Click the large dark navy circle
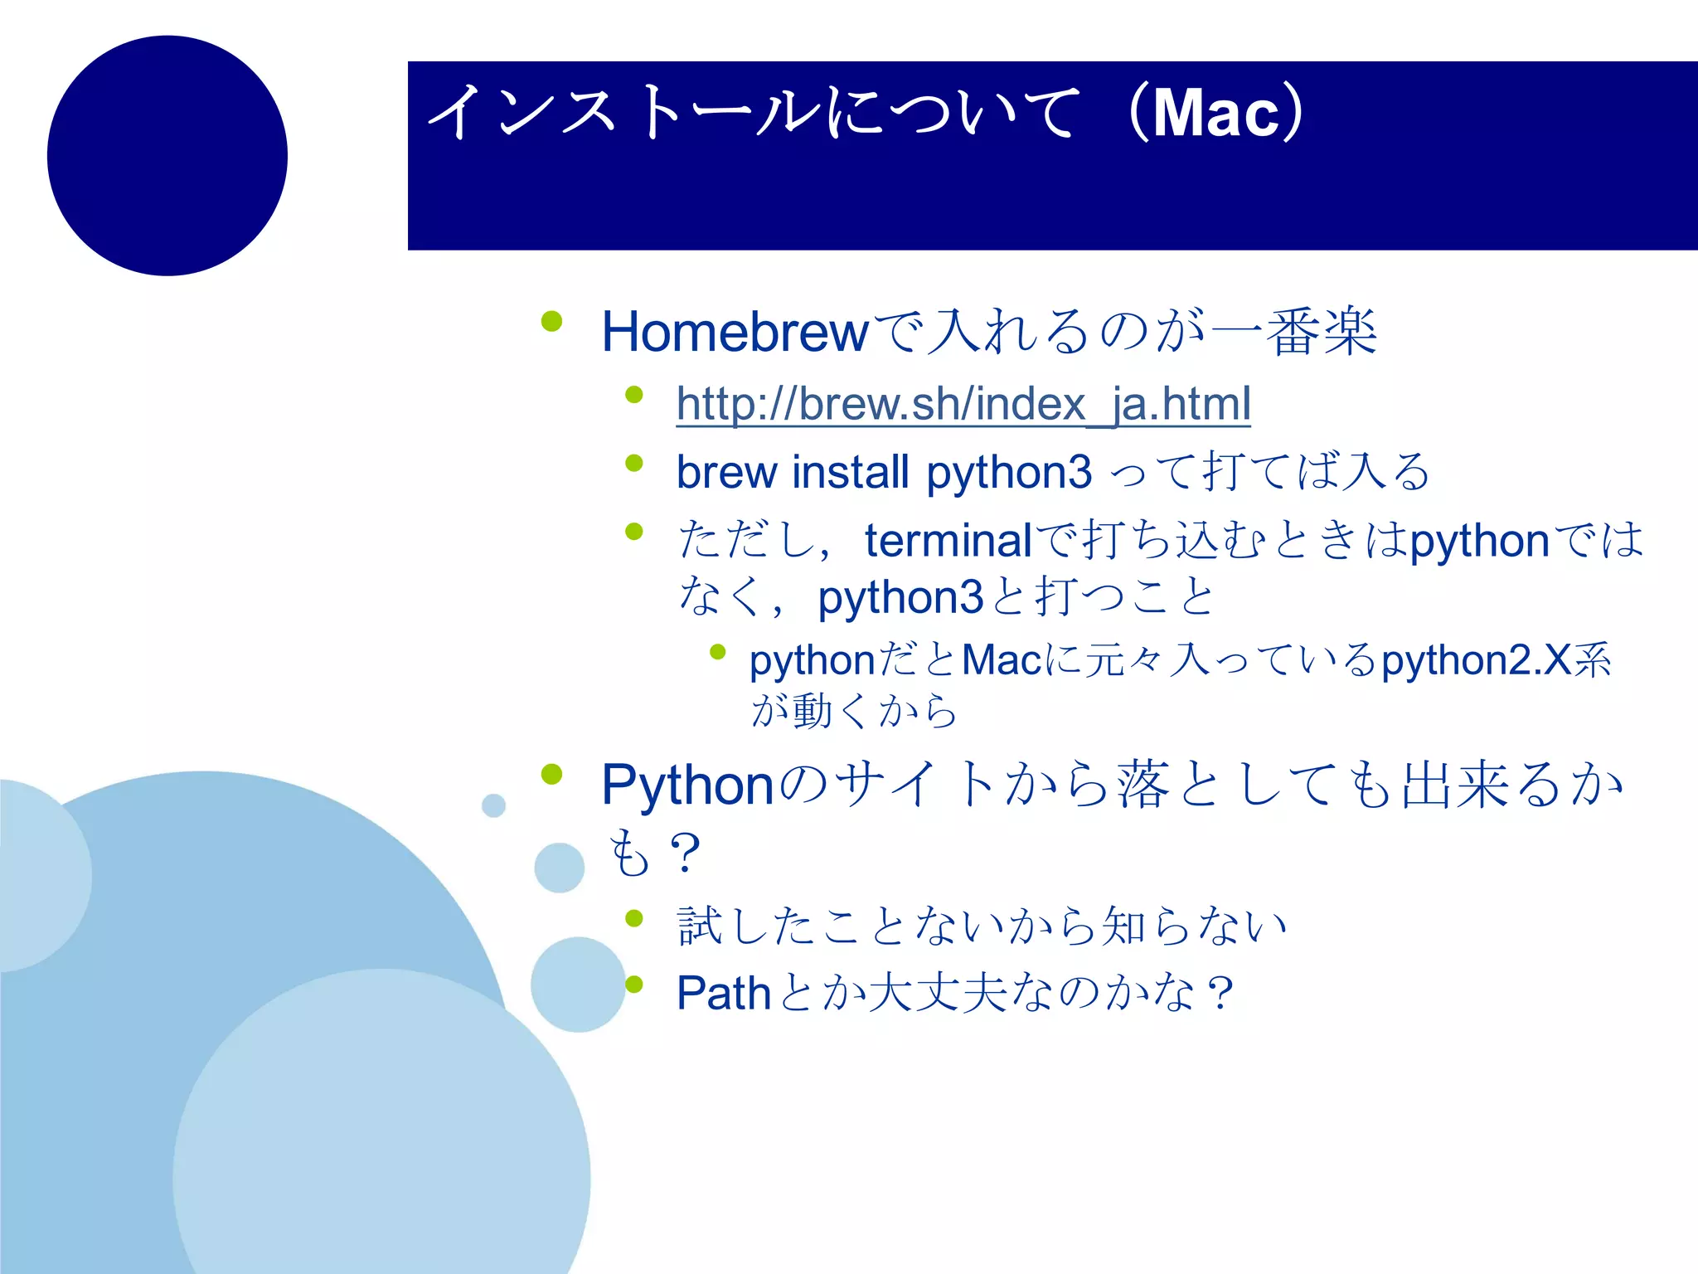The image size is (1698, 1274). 167,155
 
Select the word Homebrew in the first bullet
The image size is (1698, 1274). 735,332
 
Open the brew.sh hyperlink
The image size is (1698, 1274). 963,404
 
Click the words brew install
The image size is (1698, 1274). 793,472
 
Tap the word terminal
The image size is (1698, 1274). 948,541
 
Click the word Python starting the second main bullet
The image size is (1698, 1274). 687,785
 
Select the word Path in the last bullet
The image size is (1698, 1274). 723,993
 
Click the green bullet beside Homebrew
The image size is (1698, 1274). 551,321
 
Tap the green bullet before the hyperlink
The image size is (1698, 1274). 634,394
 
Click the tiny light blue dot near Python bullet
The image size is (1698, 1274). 493,805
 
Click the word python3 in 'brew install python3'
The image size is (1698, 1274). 1008,472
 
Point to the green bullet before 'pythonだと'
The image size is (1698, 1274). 718,652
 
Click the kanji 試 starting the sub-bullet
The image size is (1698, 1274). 700,926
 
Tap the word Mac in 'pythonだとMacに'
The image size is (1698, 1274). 1002,661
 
